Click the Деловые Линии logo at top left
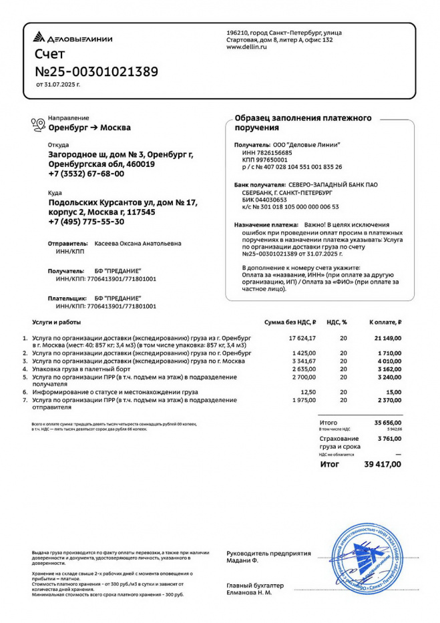73,39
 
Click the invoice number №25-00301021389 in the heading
96,71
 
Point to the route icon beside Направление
38,123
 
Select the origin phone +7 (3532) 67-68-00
86,174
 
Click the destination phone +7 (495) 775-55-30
86,221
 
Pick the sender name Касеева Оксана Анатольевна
138,244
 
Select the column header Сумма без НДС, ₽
290,321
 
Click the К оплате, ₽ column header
385,321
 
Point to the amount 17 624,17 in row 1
302,339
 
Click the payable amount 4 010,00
388,361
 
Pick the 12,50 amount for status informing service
308,392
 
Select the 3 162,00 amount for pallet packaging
388,369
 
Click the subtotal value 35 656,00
387,423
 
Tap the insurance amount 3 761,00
389,439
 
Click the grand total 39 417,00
383,463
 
